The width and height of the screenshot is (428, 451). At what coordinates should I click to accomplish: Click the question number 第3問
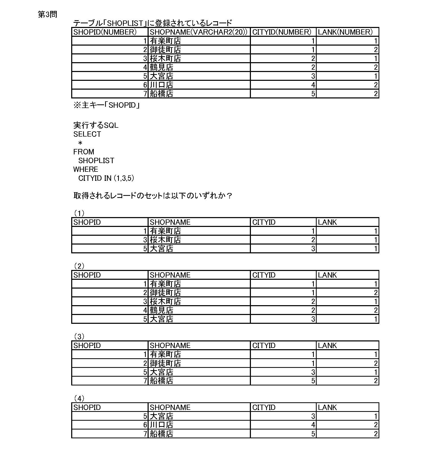47,15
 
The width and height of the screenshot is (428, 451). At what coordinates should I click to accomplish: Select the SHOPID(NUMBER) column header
105,32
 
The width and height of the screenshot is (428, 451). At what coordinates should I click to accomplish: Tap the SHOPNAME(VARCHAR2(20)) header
199,32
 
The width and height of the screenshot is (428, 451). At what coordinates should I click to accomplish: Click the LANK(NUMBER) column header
345,32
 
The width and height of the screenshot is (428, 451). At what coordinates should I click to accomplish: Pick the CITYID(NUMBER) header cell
282,32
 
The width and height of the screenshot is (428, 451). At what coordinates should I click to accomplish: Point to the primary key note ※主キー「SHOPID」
106,105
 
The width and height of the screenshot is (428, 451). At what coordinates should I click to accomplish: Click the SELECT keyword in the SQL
87,134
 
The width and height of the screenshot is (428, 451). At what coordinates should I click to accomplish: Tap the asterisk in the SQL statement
80,143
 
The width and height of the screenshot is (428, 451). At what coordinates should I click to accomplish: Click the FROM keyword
84,152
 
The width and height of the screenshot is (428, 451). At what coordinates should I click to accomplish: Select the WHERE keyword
86,169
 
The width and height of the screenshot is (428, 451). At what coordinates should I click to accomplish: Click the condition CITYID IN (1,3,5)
106,178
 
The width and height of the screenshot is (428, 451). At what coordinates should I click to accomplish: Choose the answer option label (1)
79,213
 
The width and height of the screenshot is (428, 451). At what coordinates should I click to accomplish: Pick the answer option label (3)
79,337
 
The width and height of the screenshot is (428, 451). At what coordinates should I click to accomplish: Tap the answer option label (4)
79,398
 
